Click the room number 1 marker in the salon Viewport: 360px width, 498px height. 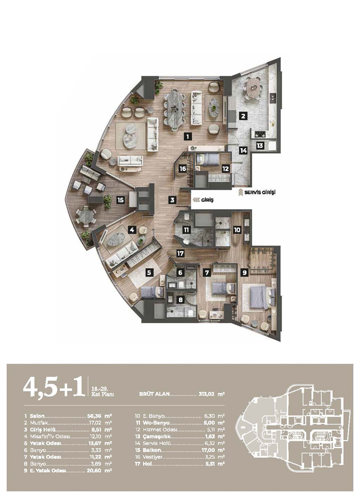pyautogui.click(x=188, y=136)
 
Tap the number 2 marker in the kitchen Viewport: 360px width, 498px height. pyautogui.click(x=243, y=116)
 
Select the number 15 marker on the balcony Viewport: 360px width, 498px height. pyautogui.click(x=121, y=200)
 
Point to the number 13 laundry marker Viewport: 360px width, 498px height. pyautogui.click(x=260, y=146)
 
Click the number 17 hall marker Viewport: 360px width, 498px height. pyautogui.click(x=181, y=253)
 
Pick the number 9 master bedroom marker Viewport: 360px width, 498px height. pyautogui.click(x=245, y=272)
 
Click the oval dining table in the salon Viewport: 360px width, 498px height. pyautogui.click(x=175, y=110)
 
